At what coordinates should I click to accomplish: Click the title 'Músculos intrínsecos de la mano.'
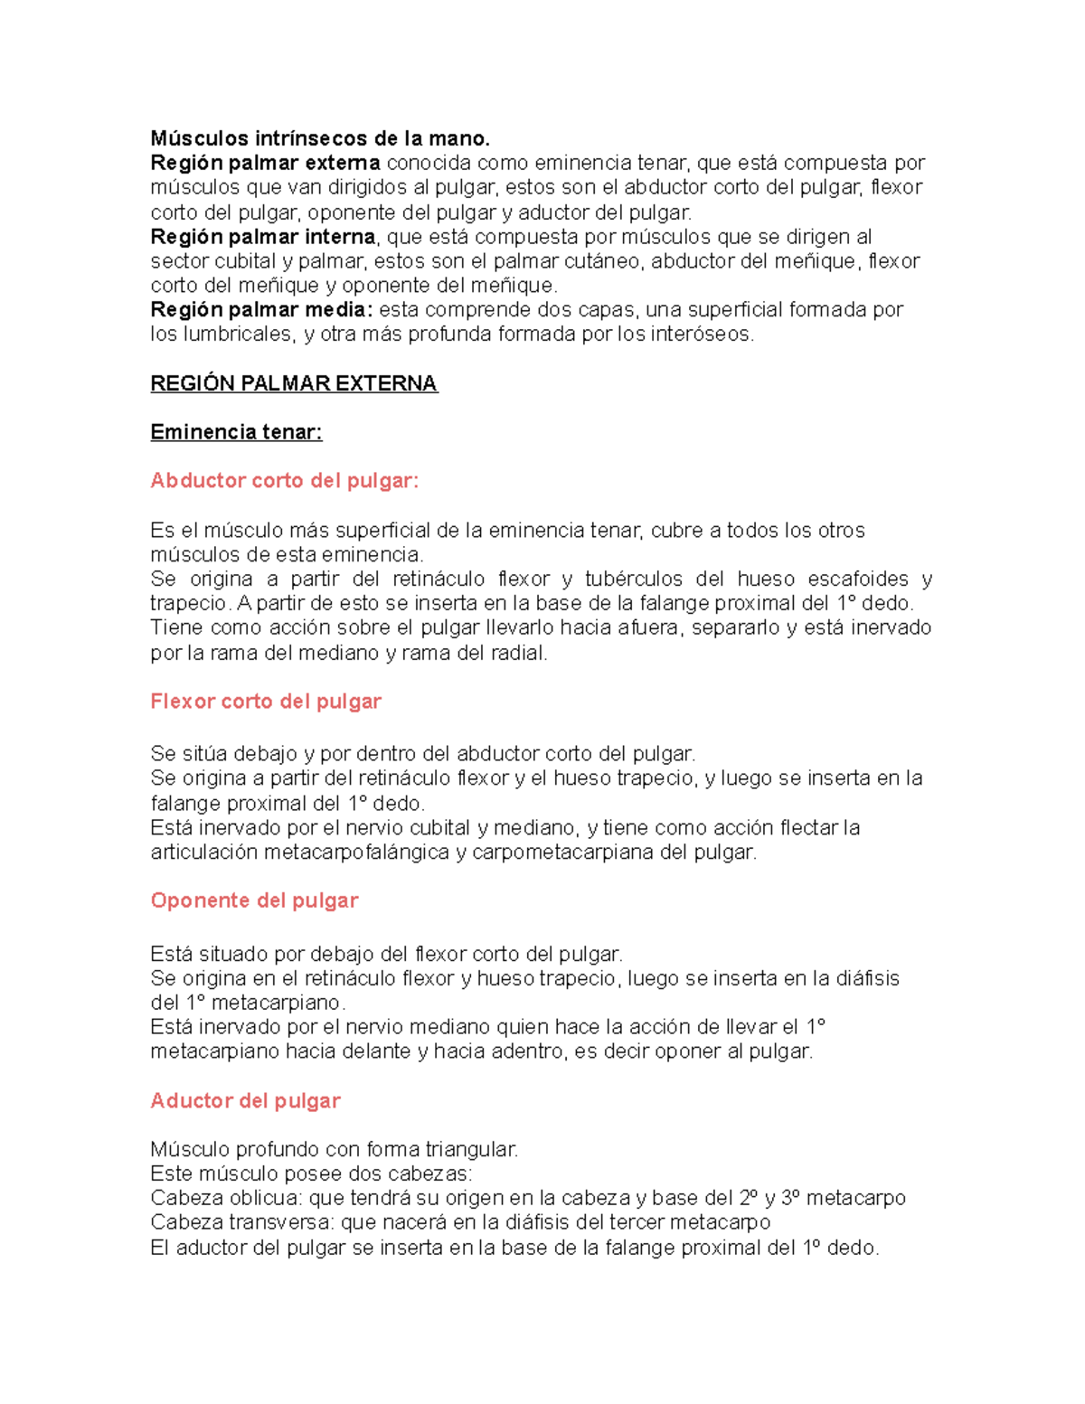tap(320, 138)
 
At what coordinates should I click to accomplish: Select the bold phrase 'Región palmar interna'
tap(263, 237)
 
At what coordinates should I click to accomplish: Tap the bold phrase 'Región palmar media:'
tap(261, 310)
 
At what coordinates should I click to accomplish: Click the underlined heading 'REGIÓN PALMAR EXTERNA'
tap(294, 383)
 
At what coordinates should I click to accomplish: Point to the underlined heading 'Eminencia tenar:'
tap(236, 432)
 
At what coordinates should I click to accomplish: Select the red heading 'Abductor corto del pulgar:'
tap(285, 481)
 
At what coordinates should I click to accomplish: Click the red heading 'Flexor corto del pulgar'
tap(266, 702)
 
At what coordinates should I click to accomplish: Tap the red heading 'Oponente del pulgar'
tap(254, 900)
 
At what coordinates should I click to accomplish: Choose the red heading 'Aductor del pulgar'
tap(245, 1101)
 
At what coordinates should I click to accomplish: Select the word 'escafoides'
tap(858, 579)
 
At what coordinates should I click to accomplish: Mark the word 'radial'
tap(519, 653)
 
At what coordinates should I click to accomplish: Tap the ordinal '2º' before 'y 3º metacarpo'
tap(747, 1199)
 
